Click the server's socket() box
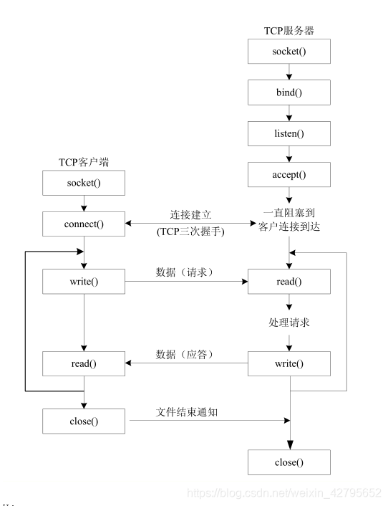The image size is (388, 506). pyautogui.click(x=289, y=52)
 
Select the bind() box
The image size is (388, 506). pyautogui.click(x=289, y=92)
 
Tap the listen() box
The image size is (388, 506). pyautogui.click(x=289, y=133)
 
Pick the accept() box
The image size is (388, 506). pyautogui.click(x=289, y=174)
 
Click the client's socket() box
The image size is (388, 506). pyautogui.click(x=84, y=183)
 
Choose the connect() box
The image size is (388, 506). pyautogui.click(x=84, y=224)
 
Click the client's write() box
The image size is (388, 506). pyautogui.click(x=84, y=281)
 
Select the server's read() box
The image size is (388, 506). pyautogui.click(x=289, y=281)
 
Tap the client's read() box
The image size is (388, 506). pyautogui.click(x=84, y=363)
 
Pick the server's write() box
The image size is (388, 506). pyautogui.click(x=289, y=363)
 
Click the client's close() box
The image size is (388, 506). pyautogui.click(x=84, y=421)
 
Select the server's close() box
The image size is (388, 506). pyautogui.click(x=289, y=462)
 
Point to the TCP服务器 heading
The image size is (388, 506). pyautogui.click(x=289, y=31)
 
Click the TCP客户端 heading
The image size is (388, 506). pyautogui.click(x=84, y=163)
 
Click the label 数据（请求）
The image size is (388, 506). pyautogui.click(x=185, y=272)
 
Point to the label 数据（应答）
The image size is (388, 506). pyautogui.click(x=185, y=355)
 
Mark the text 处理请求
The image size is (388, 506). pyautogui.click(x=288, y=323)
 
